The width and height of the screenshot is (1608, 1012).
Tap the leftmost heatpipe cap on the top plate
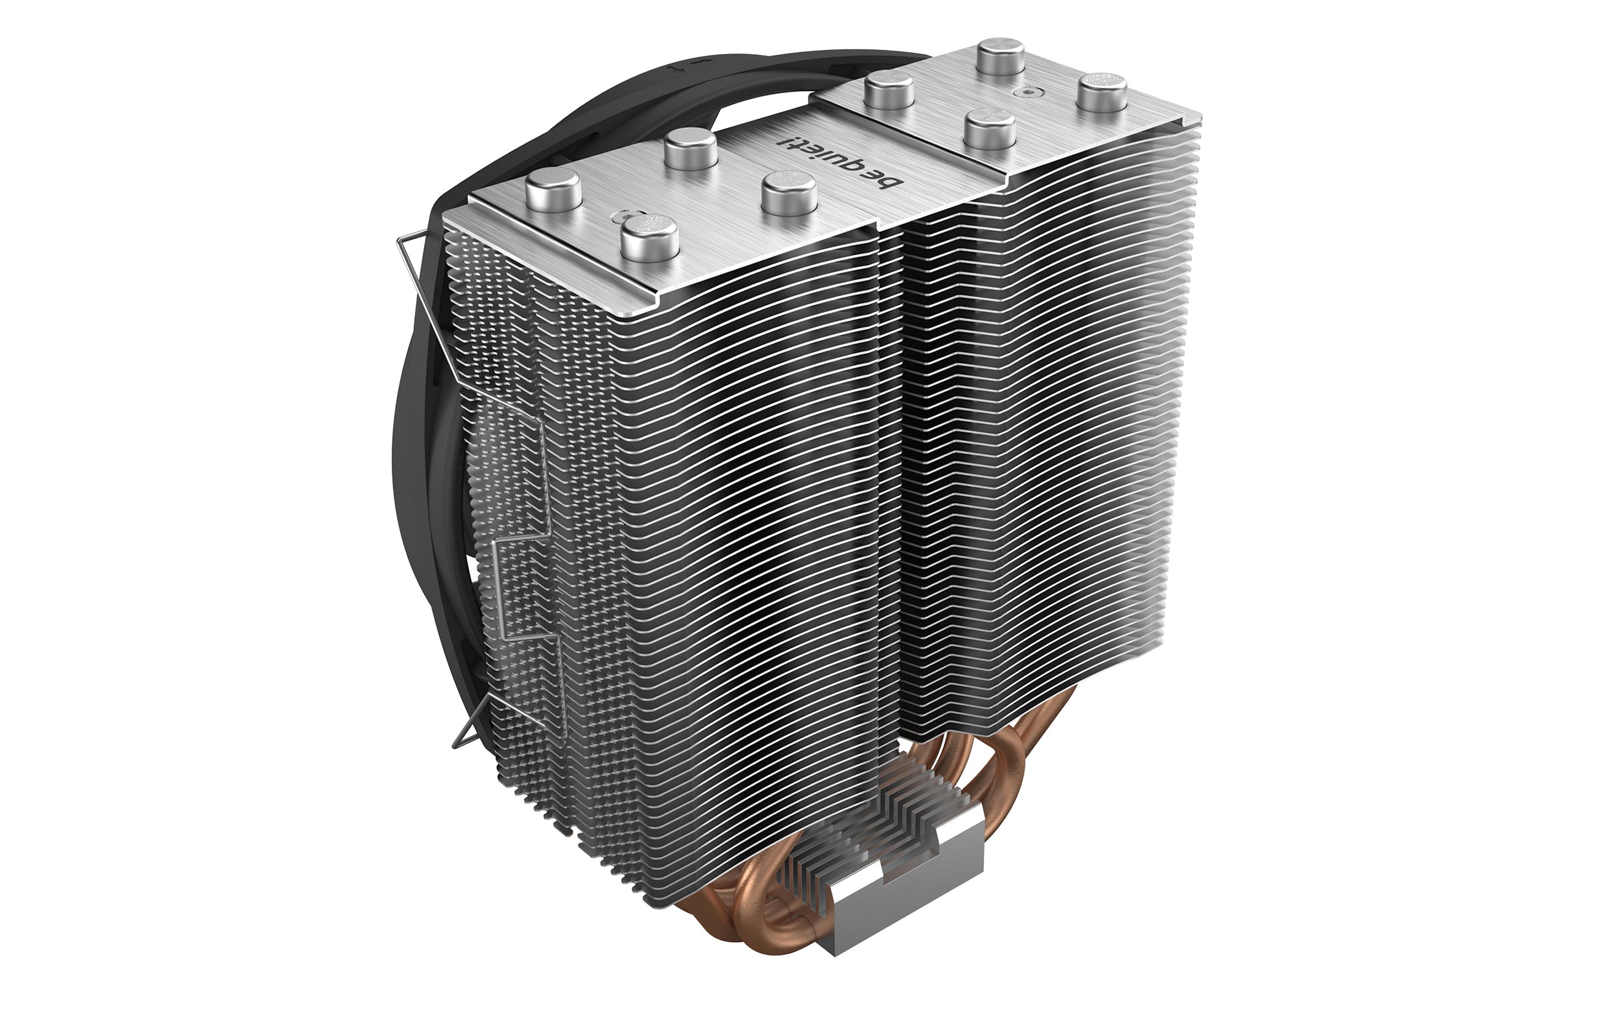[551, 192]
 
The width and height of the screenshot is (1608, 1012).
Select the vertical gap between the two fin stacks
[892, 467]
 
